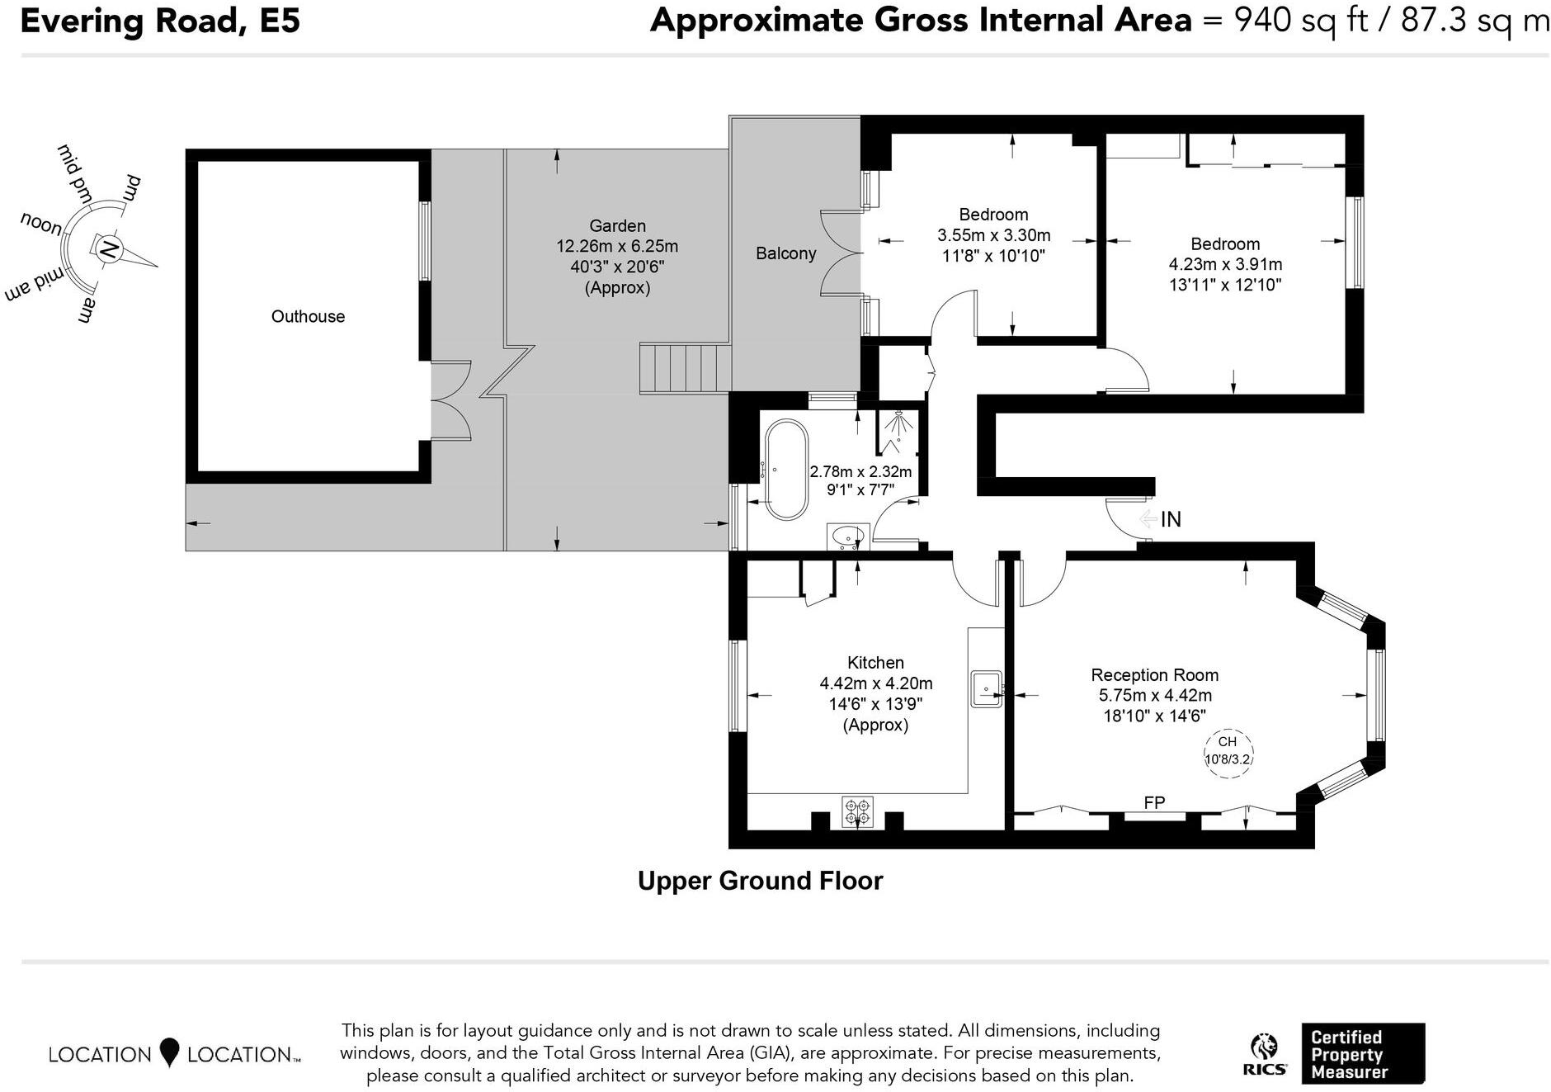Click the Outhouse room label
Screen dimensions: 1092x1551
[308, 316]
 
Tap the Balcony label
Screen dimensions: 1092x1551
[785, 253]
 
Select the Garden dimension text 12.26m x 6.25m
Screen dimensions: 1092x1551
[617, 246]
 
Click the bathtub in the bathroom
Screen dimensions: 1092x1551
[786, 470]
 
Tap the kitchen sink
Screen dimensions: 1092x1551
[986, 688]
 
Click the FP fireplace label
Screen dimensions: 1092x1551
[1154, 802]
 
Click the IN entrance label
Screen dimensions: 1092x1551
[1171, 519]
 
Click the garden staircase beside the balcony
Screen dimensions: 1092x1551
[685, 369]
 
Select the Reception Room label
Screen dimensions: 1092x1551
[1154, 674]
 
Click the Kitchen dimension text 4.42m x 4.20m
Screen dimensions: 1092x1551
[875, 683]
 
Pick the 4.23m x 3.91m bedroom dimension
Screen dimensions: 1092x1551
[1225, 264]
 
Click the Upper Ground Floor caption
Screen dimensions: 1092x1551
[760, 881]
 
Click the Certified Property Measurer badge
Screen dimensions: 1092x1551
[1362, 1054]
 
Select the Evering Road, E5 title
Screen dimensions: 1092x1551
[160, 21]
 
